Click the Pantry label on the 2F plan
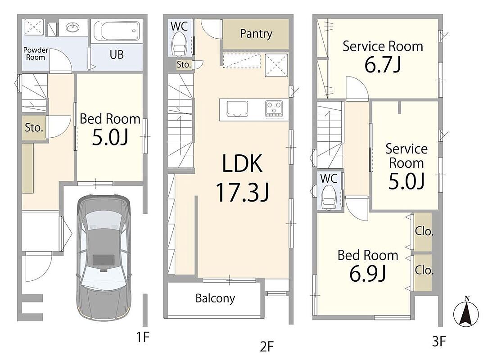tap(256, 34)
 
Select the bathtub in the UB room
tap(117, 31)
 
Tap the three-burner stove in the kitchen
tap(274, 109)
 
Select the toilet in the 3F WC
tap(329, 197)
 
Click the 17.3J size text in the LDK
tap(243, 193)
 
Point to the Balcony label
tap(215, 298)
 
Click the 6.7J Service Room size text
tap(383, 65)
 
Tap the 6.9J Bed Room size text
tap(367, 274)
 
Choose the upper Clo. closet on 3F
tap(423, 232)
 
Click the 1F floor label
tap(143, 337)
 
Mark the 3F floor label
tap(439, 342)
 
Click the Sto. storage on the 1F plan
tap(34, 127)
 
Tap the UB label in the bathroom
tap(117, 55)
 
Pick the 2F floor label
tap(267, 346)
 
